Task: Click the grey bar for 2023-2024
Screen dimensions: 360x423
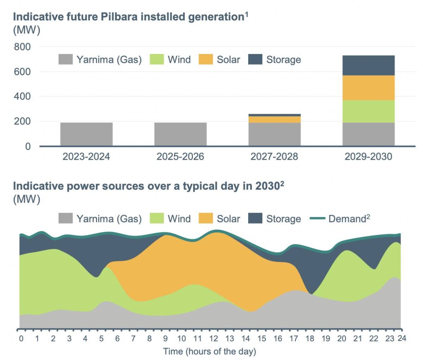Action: tap(86, 134)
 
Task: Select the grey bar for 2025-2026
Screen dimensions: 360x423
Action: tap(180, 134)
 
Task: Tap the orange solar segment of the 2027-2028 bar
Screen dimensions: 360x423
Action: tap(274, 120)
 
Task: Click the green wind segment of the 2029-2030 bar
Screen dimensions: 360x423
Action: tap(368, 111)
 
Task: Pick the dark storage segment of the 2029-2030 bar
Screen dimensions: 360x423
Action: tap(368, 66)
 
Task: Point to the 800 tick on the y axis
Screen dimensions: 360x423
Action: tap(22, 47)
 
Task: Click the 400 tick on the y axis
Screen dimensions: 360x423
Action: tap(22, 97)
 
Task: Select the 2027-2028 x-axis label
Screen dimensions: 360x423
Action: tap(274, 157)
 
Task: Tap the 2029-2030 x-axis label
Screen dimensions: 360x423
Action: tap(368, 157)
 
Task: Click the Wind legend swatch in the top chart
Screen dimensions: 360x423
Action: tap(157, 60)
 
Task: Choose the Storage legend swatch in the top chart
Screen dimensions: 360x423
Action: tap(255, 60)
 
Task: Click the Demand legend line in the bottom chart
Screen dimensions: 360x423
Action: tap(317, 219)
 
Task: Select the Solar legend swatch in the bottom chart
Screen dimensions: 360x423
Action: tap(206, 219)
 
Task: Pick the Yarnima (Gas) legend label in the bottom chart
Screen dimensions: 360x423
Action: tap(109, 219)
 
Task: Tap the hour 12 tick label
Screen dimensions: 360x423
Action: tap(214, 339)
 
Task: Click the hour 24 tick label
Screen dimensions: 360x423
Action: tap(402, 338)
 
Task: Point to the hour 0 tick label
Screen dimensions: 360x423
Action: tap(22, 339)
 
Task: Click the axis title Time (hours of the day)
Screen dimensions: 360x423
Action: tap(209, 352)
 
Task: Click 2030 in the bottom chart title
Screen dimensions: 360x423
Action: tap(267, 186)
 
